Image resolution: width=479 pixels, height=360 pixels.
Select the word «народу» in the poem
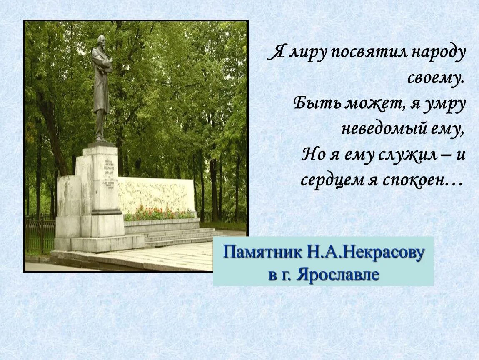click(438, 54)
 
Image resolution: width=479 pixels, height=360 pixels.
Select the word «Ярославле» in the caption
click(338, 275)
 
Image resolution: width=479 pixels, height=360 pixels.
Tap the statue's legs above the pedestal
click(100, 125)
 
